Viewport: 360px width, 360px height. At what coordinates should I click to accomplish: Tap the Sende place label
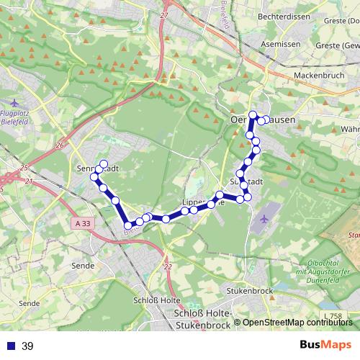coord(84,266)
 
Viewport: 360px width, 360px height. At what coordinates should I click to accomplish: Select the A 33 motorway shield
coord(83,224)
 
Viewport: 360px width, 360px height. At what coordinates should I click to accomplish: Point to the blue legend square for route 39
coord(10,346)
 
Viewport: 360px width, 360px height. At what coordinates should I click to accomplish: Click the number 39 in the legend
coord(27,346)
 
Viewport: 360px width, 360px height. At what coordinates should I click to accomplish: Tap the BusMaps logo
coord(325,345)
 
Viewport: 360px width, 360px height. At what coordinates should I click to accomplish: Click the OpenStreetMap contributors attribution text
coord(297,323)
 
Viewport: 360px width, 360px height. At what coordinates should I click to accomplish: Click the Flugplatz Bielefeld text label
coord(17,117)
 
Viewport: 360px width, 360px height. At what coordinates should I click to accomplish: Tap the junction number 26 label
coord(59,145)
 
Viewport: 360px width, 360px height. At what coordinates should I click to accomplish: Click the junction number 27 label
coord(165,15)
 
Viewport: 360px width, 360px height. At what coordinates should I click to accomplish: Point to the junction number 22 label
coord(168,266)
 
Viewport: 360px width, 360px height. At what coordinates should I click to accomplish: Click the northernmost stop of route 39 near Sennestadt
coord(104,163)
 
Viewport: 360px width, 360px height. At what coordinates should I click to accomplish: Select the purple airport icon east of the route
coord(265,217)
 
